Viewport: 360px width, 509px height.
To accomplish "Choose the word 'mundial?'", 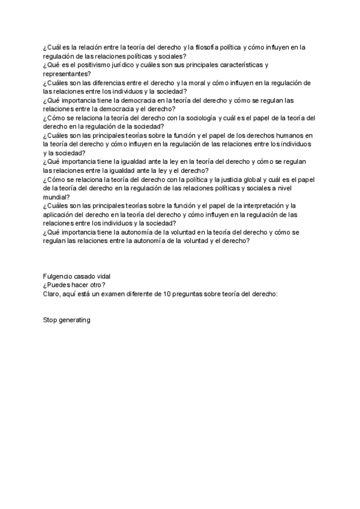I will click(56, 197).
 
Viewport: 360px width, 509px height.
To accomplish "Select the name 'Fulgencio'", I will click(58, 276).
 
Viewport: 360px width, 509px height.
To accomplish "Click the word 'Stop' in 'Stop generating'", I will click(50, 320).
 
